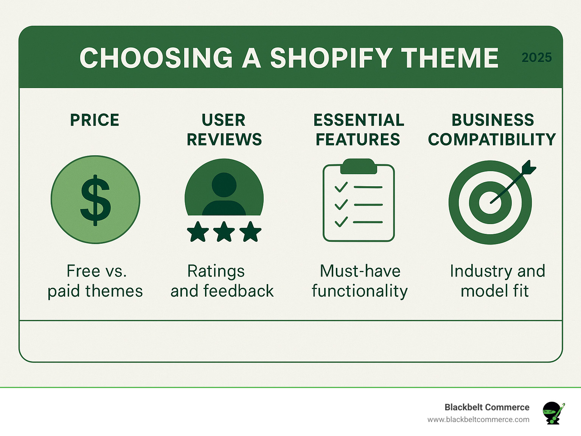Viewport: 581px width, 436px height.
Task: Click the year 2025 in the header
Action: pyautogui.click(x=536, y=57)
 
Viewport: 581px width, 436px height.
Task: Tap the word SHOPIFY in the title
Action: pyautogui.click(x=331, y=58)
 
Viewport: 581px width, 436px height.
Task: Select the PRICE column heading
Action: pyautogui.click(x=95, y=120)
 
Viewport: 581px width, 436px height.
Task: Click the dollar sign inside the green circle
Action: pyautogui.click(x=95, y=200)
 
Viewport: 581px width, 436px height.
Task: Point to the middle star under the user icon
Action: pyautogui.click(x=224, y=232)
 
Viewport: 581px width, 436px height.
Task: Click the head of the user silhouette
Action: pyautogui.click(x=224, y=185)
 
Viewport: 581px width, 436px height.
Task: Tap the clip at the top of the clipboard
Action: pyautogui.click(x=359, y=166)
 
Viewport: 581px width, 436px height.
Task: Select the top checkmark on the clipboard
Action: pyautogui.click(x=341, y=187)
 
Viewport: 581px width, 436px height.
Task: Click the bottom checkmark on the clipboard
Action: pyautogui.click(x=341, y=222)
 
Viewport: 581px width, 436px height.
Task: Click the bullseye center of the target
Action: pyautogui.click(x=490, y=202)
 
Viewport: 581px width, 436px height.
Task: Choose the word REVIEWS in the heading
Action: pyautogui.click(x=224, y=140)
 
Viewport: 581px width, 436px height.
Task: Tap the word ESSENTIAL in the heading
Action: pyautogui.click(x=359, y=120)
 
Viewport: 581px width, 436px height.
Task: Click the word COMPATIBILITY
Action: pyautogui.click(x=492, y=140)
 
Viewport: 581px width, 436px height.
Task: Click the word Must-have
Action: pyautogui.click(x=360, y=271)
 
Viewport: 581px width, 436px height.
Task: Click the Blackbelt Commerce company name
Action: pyautogui.click(x=487, y=407)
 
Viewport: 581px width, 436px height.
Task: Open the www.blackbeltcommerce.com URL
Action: pyautogui.click(x=478, y=419)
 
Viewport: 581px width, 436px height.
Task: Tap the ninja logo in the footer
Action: pyautogui.click(x=553, y=413)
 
